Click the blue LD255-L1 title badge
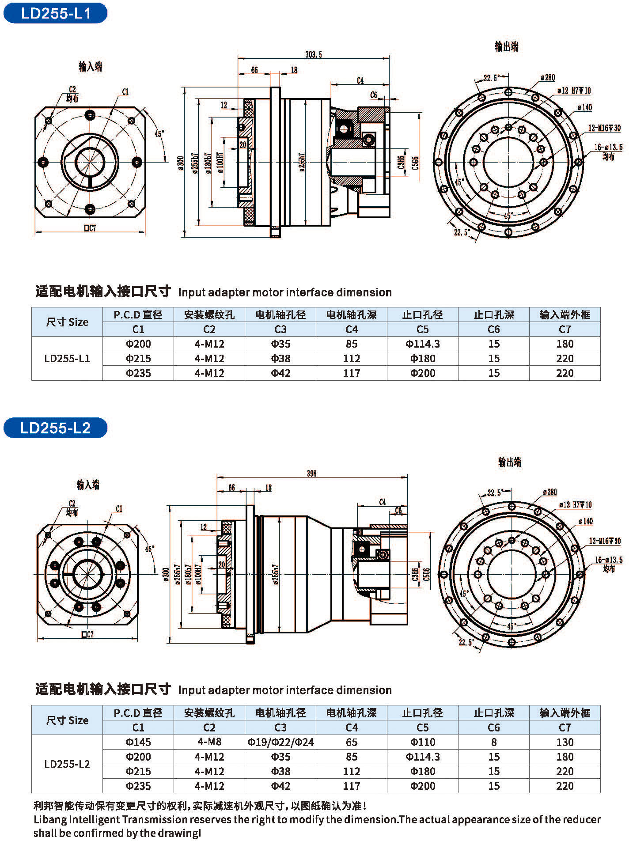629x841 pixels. coord(55,13)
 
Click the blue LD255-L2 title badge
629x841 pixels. coord(55,428)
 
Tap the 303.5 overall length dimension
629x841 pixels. coord(314,55)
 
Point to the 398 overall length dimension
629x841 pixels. coord(312,474)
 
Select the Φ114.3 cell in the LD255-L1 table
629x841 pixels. coord(422,344)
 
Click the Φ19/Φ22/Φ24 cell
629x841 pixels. coord(280,742)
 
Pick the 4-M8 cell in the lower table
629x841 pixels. coord(209,742)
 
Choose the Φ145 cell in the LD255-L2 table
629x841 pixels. coord(138,742)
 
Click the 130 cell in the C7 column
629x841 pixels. coord(565,742)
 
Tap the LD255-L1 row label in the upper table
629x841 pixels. coord(67,359)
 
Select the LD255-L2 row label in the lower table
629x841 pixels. coord(67,764)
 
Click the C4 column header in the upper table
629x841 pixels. coord(352,330)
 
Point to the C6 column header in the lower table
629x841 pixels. coord(493,727)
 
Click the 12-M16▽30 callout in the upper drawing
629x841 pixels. coord(604,128)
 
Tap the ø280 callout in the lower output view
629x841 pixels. coord(549,492)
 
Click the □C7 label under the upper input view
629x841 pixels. coord(90,228)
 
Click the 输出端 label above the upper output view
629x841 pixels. coord(506,46)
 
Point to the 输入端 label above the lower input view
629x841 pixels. coord(88,485)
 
